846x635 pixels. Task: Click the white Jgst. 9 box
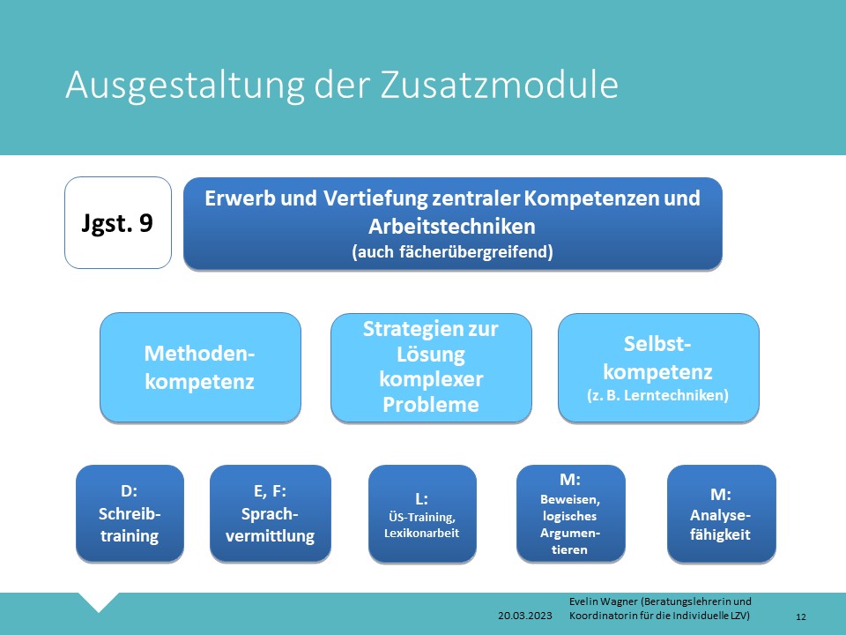(118, 222)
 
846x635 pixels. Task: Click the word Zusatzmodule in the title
(500, 85)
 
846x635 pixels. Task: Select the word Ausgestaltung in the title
(185, 86)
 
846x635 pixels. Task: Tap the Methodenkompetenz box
(200, 367)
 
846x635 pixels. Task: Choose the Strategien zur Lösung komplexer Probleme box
(431, 367)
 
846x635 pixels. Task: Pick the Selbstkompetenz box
(659, 367)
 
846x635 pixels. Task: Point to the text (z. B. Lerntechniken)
(657, 395)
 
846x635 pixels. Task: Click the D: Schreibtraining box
(130, 513)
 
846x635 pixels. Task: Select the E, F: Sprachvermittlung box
(271, 513)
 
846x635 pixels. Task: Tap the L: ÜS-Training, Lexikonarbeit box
(422, 513)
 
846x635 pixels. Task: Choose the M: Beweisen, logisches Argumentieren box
(571, 513)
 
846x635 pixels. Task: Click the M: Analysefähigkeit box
(722, 513)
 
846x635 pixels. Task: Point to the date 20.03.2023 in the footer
(525, 616)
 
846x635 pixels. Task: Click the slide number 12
(801, 616)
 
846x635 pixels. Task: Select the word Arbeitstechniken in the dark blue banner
(452, 227)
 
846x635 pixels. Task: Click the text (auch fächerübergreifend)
(452, 251)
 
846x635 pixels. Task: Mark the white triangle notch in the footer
(99, 601)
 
